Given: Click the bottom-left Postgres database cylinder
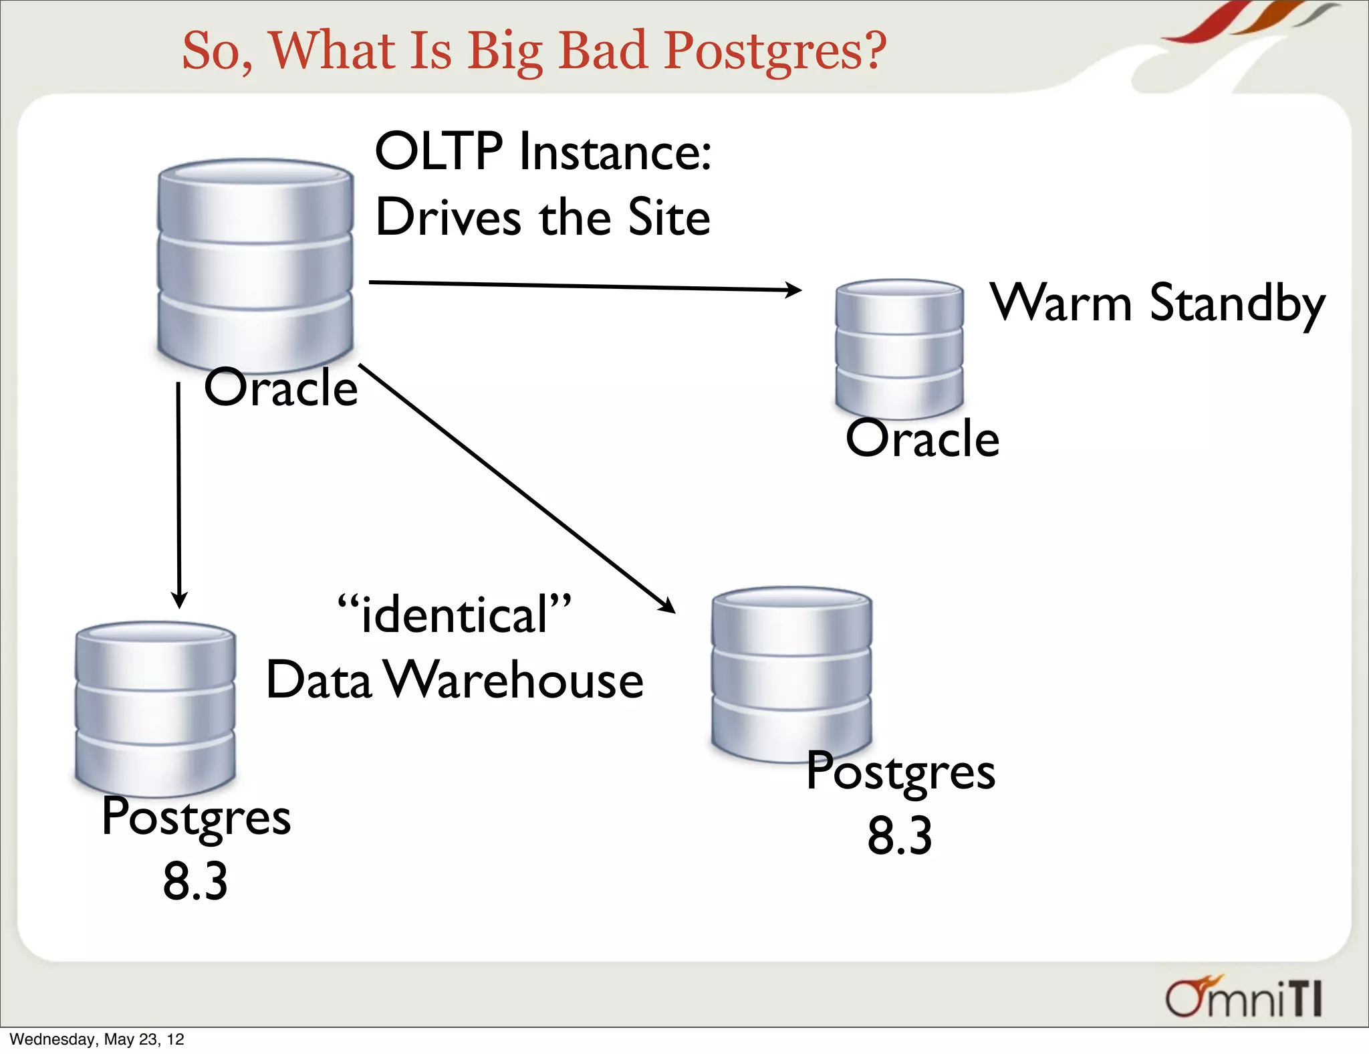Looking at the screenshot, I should [x=155, y=709].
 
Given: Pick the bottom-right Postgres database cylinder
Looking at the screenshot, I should [x=791, y=674].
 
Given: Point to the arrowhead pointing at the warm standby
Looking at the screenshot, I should [x=794, y=290].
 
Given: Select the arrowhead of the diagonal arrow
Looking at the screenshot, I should [x=667, y=606].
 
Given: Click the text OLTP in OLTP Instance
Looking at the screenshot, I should [x=438, y=152].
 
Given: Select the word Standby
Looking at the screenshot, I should [x=1237, y=304].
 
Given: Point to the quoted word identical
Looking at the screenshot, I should [x=455, y=614].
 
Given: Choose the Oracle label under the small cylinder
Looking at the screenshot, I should [x=922, y=439].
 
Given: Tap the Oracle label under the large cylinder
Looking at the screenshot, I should [x=281, y=388].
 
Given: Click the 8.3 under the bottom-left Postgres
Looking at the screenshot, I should [x=195, y=881].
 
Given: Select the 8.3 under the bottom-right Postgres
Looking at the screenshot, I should [x=900, y=835].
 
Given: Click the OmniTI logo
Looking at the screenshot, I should [x=1243, y=998].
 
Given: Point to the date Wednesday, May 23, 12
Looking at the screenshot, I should [x=97, y=1039].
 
